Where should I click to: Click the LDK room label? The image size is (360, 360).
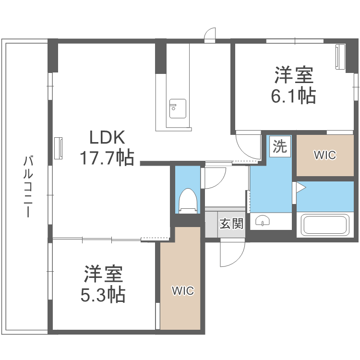pyautogui.click(x=107, y=137)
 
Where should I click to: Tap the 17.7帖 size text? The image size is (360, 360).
pyautogui.click(x=107, y=157)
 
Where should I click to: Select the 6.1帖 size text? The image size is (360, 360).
pyautogui.click(x=293, y=96)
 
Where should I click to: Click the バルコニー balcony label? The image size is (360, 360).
pyautogui.click(x=28, y=186)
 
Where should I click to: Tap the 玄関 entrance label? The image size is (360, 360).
pyautogui.click(x=231, y=223)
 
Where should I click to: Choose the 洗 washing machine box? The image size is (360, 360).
pyautogui.click(x=280, y=146)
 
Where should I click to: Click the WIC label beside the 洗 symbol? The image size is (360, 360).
pyautogui.click(x=325, y=155)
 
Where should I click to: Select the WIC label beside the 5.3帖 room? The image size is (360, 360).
pyautogui.click(x=183, y=291)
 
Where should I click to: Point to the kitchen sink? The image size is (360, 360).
pyautogui.click(x=178, y=108)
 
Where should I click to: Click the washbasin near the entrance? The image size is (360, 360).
pyautogui.click(x=262, y=221)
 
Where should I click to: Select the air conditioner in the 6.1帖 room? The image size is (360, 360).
pyautogui.click(x=340, y=57)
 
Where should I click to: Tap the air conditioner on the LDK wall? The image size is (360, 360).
pyautogui.click(x=58, y=148)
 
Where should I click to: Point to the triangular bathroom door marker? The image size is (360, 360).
pyautogui.click(x=300, y=187)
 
